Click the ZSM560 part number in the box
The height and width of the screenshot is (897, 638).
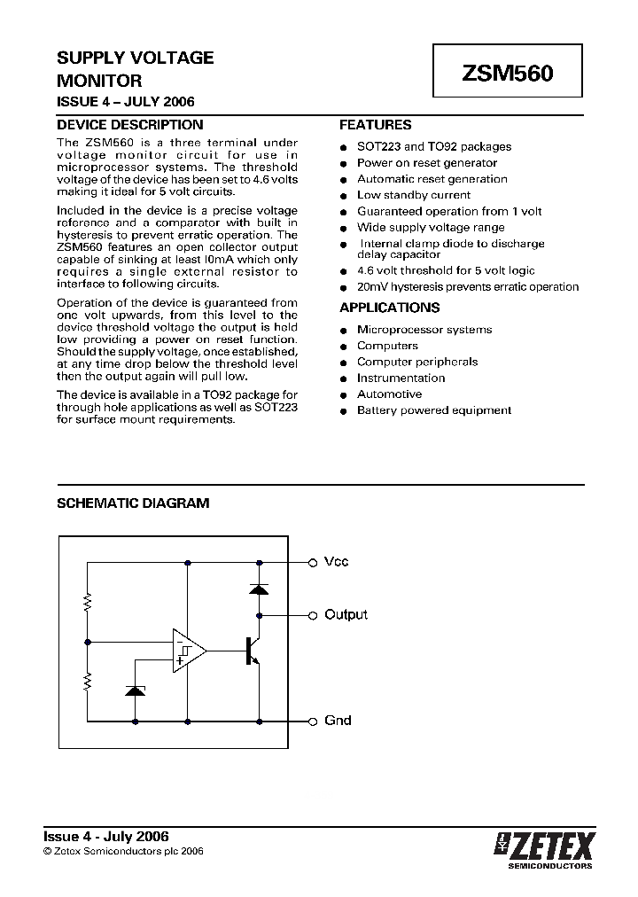click(507, 74)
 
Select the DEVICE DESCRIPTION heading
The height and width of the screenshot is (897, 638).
click(129, 125)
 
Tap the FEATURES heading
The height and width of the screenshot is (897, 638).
click(375, 125)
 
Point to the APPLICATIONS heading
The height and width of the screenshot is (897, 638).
click(389, 308)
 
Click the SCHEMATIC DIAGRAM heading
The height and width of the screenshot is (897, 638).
click(133, 503)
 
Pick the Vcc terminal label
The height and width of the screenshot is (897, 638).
click(336, 562)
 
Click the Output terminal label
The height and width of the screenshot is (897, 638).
click(346, 614)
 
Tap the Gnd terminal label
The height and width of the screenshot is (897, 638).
click(338, 721)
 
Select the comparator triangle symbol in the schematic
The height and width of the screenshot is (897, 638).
click(189, 651)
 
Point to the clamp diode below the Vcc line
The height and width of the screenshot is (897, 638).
click(259, 588)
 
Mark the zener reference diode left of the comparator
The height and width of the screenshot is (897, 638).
click(135, 690)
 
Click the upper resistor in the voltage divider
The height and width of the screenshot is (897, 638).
click(88, 603)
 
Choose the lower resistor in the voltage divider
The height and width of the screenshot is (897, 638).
click(88, 681)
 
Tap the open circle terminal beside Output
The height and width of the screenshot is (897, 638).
click(312, 615)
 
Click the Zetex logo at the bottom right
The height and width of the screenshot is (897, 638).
click(545, 847)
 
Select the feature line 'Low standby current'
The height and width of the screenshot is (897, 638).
click(413, 195)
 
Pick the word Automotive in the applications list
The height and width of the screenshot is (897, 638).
click(389, 394)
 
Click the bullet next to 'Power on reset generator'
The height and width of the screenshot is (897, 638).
click(344, 164)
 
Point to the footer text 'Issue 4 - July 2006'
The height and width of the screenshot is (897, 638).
click(106, 836)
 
